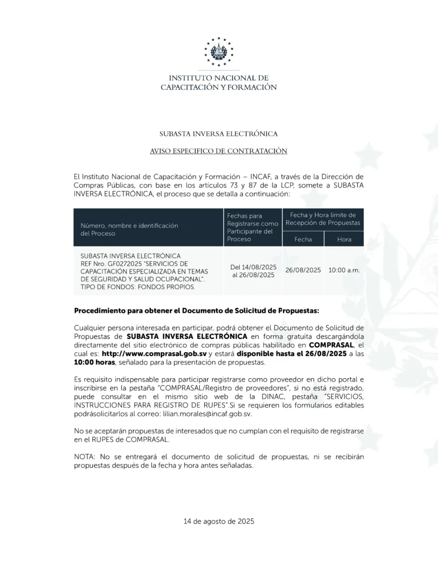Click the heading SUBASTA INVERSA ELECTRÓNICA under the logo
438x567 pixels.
pyautogui.click(x=219, y=134)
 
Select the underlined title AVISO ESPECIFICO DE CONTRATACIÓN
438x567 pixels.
pyautogui.click(x=219, y=151)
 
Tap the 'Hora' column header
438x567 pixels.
pyautogui.click(x=344, y=239)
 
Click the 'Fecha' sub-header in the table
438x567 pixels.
pyautogui.click(x=303, y=239)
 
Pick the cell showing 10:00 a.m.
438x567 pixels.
pyautogui.click(x=344, y=270)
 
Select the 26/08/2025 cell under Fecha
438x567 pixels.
pyautogui.click(x=303, y=270)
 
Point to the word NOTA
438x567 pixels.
pyautogui.click(x=84, y=457)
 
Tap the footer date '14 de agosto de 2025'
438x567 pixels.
pyautogui.click(x=219, y=521)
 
